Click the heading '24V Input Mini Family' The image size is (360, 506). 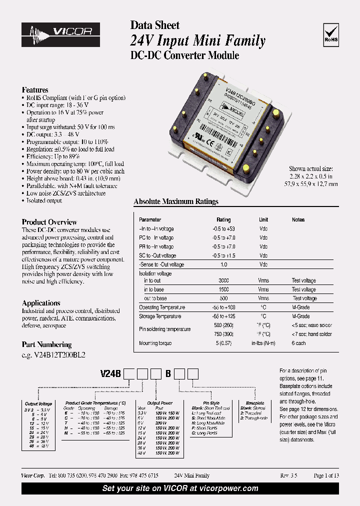tap(197, 40)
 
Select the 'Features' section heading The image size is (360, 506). tap(35, 90)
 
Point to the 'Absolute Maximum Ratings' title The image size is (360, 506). tap(176, 201)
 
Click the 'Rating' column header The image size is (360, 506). tap(223, 219)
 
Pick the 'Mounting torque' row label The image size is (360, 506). tap(155, 343)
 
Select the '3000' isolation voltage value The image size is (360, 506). tap(223, 280)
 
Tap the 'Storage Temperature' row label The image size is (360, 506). tap(160, 316)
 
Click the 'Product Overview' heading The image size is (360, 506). tap(49, 222)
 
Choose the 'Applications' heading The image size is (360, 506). tap(41, 303)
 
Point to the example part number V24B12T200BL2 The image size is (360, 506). tap(57, 355)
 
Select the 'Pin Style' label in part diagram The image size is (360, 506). tap(211, 403)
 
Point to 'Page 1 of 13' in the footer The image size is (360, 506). tap(326, 475)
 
